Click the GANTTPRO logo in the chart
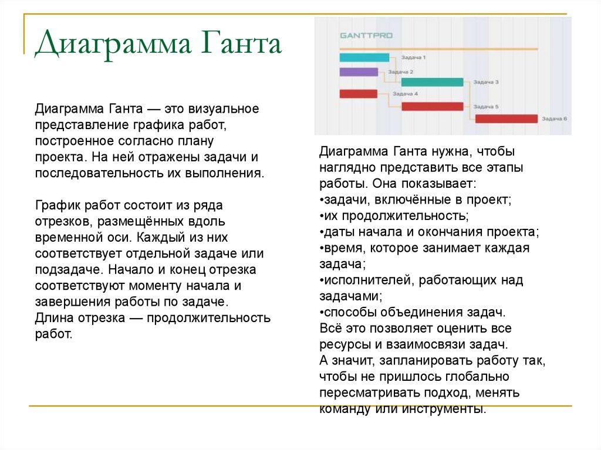366,35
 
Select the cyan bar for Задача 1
364,57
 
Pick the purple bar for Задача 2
358,72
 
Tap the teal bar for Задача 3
431,82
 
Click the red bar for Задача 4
358,94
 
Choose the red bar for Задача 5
433,106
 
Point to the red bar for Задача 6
506,119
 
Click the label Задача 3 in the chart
485,82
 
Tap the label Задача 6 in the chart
554,119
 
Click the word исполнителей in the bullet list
368,280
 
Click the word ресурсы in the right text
345,344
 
